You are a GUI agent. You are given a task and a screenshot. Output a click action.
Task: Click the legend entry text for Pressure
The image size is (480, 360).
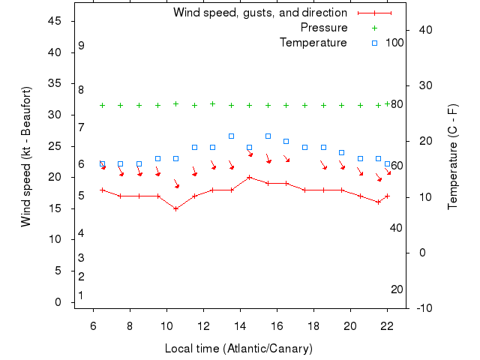pos(324,28)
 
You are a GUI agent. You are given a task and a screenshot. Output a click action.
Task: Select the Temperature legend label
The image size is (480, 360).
pos(313,43)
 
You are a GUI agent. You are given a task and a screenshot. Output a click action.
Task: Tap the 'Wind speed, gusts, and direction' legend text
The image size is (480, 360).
pos(259,13)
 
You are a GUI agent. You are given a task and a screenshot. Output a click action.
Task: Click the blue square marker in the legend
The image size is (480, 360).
pos(374,43)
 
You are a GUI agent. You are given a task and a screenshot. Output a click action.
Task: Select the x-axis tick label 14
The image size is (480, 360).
pos(240,325)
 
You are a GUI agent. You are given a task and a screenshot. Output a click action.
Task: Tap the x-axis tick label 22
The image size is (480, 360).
pos(387,325)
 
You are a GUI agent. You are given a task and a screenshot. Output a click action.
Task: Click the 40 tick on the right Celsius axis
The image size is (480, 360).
pos(424,30)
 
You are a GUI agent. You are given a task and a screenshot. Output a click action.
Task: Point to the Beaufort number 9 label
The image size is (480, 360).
pos(81,46)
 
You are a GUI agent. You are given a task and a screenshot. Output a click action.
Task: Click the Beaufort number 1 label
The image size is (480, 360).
pos(81,295)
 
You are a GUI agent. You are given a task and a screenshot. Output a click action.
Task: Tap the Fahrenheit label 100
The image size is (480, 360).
pos(394,43)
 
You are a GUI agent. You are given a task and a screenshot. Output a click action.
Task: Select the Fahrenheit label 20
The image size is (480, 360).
pos(397,289)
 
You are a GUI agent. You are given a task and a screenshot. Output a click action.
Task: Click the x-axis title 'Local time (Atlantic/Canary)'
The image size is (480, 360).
pos(238,349)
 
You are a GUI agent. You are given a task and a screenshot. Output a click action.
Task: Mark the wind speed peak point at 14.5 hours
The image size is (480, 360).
pos(250,177)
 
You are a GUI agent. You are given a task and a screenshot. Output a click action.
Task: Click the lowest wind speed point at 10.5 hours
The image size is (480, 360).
pos(176,208)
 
